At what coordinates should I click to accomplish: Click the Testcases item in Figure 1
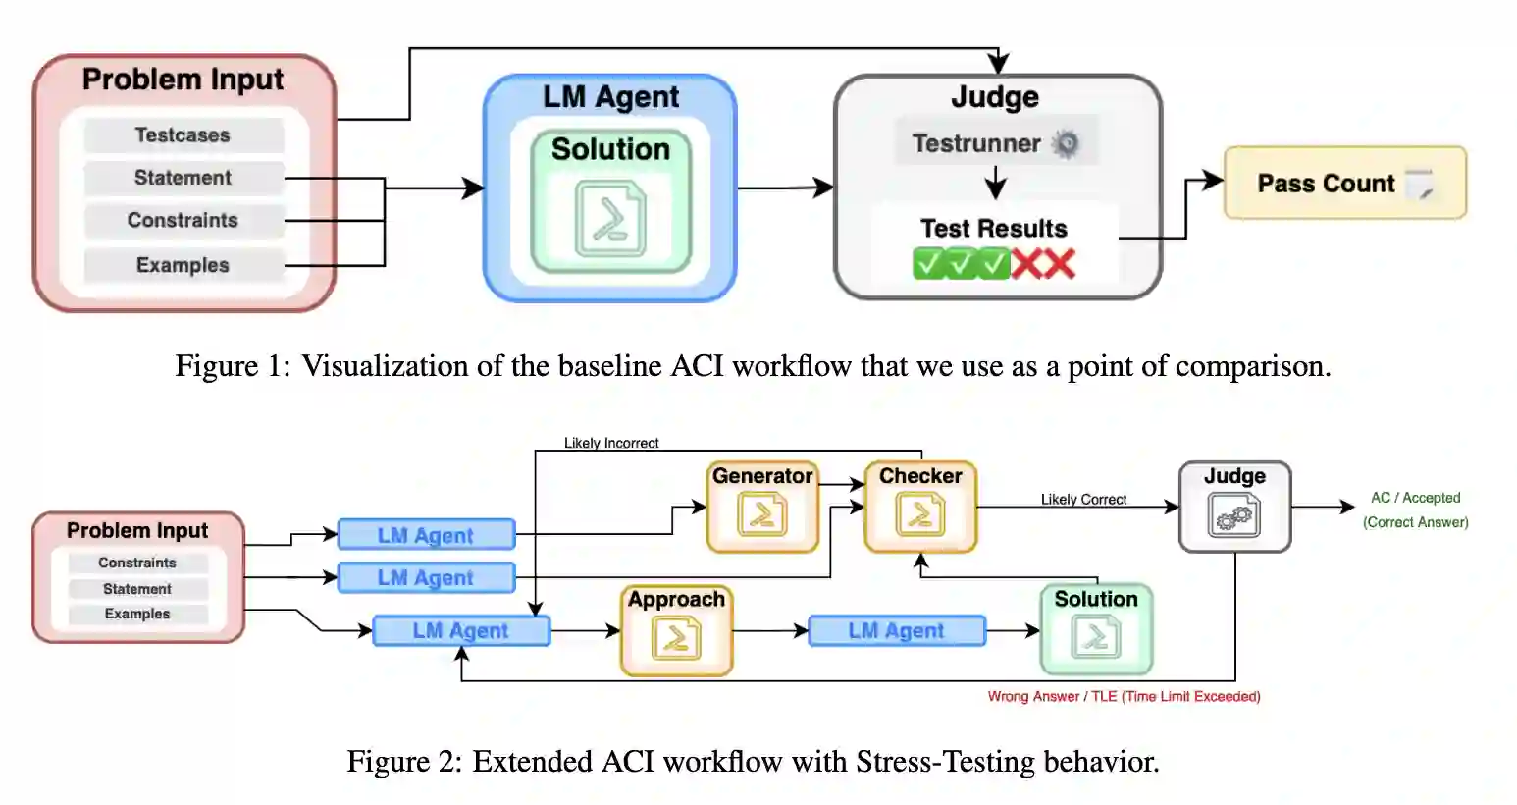coord(183,135)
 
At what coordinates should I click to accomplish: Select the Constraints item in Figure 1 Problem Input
coord(183,221)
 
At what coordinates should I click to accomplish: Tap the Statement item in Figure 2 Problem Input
coord(137,589)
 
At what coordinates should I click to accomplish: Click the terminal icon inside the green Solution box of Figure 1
coord(610,219)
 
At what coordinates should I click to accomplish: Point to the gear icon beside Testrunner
coord(1065,144)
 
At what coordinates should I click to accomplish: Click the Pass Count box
coord(1344,184)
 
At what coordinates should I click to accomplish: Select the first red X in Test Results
coord(1027,264)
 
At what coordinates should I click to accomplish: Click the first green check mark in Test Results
coord(928,264)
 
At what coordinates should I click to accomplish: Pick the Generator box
coord(762,507)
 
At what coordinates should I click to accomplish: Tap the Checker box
coord(920,507)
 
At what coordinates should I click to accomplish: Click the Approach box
coord(676,630)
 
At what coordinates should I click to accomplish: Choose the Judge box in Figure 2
coord(1234,507)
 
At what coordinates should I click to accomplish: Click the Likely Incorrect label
coord(611,444)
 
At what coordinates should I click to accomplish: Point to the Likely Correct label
coord(1083,500)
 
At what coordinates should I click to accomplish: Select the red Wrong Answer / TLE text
coord(1124,697)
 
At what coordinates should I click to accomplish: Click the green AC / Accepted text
coord(1415,499)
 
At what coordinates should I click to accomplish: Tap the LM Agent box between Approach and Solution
coord(896,631)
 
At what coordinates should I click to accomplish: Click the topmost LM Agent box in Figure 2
coord(426,536)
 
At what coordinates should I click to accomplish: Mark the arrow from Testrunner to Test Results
coord(995,183)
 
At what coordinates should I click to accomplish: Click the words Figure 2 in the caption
coord(402,763)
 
